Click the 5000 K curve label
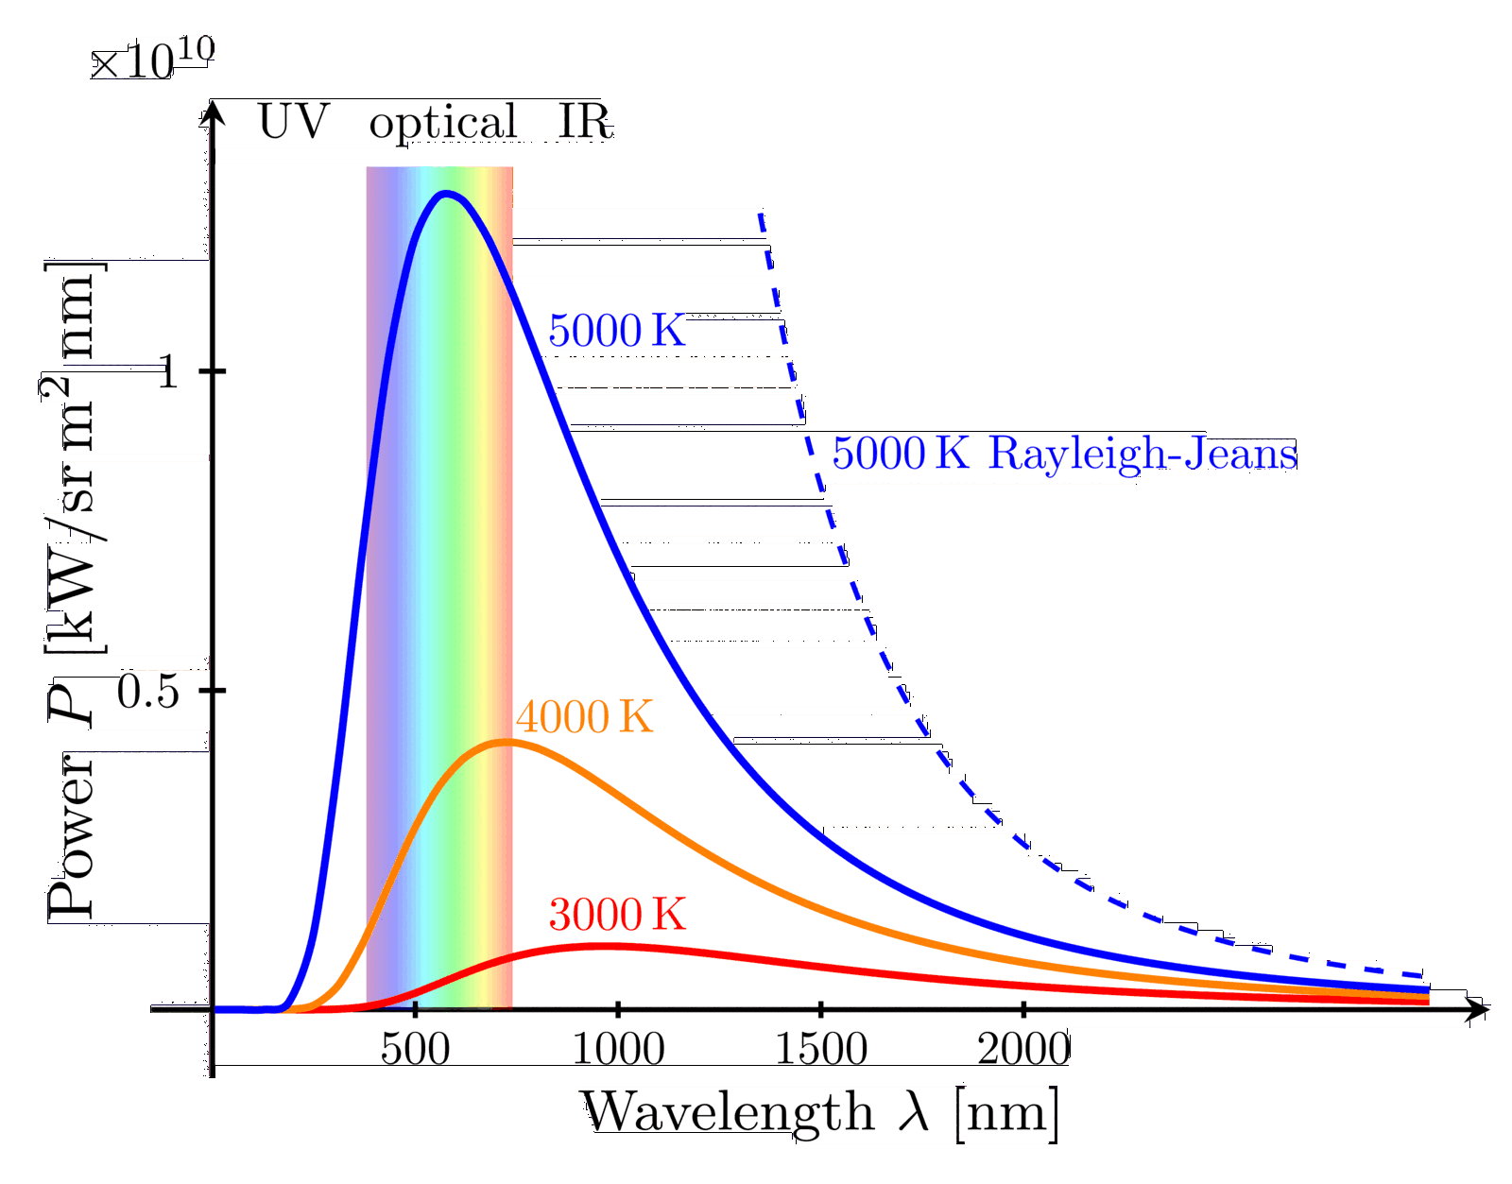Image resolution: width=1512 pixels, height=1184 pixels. (x=616, y=332)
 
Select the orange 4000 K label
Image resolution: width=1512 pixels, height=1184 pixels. (x=584, y=717)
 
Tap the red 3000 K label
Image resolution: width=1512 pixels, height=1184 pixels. (x=617, y=915)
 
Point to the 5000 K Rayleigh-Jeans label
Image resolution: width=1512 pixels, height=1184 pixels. (x=1064, y=454)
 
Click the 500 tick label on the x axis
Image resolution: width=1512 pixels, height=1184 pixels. (x=416, y=1049)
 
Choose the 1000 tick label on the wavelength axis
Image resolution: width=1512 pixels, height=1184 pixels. (x=618, y=1049)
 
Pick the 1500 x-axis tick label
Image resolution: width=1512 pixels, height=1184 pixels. (x=821, y=1049)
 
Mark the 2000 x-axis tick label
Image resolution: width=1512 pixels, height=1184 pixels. (x=1023, y=1049)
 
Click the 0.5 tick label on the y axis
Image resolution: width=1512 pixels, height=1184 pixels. (x=148, y=693)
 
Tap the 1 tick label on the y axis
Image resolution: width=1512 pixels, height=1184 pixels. (x=167, y=372)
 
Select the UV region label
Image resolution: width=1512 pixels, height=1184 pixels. (x=293, y=122)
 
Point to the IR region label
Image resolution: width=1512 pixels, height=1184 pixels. (x=585, y=122)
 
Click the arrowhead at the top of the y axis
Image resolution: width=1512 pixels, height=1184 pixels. (x=213, y=113)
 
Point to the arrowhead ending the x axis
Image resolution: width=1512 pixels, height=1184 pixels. (x=1479, y=1009)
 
